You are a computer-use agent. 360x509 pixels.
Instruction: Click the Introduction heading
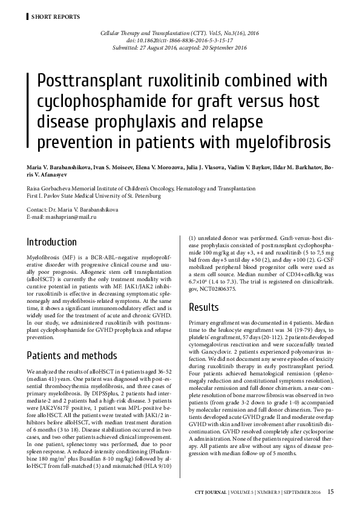pyautogui.click(x=52, y=242)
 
